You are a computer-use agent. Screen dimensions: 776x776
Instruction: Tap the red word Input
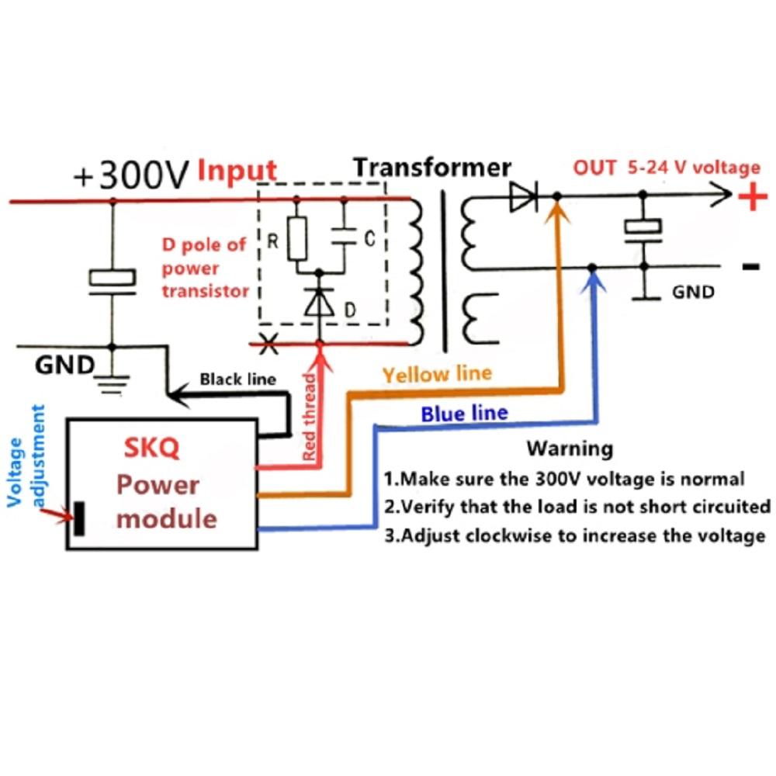click(x=237, y=171)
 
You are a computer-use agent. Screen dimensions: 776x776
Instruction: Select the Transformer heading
click(x=432, y=167)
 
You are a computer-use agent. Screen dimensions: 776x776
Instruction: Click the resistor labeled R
click(x=296, y=237)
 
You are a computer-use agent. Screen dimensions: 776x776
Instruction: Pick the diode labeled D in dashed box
click(x=319, y=303)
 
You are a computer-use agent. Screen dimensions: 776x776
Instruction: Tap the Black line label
click(x=237, y=379)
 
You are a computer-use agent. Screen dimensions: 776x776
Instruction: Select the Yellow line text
click(x=437, y=374)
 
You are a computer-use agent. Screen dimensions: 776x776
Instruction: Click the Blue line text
click(x=464, y=414)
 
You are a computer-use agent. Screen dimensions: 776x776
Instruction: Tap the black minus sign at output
click(x=750, y=267)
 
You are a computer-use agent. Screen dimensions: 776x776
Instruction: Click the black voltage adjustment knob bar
click(x=78, y=519)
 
